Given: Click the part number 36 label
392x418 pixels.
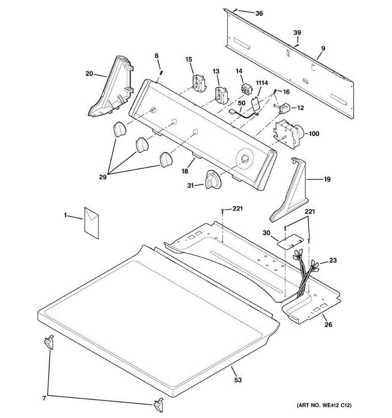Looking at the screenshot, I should tap(259, 14).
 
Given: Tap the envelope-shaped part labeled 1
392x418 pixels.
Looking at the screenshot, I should tap(91, 223).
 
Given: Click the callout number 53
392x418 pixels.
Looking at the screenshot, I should tap(238, 380).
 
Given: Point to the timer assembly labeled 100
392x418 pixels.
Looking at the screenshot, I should tap(290, 133).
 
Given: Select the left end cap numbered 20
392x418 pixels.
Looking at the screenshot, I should tap(112, 87).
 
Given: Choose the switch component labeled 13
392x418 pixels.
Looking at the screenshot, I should tap(221, 95).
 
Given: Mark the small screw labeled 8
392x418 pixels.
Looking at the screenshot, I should tap(162, 72).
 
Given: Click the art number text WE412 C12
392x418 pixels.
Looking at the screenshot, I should tap(324, 405).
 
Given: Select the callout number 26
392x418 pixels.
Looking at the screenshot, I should tap(328, 325).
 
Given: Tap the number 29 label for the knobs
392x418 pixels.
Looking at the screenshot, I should tap(102, 177).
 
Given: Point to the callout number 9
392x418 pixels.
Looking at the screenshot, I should tap(323, 48).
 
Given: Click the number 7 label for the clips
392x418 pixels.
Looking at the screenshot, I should tap(44, 398).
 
